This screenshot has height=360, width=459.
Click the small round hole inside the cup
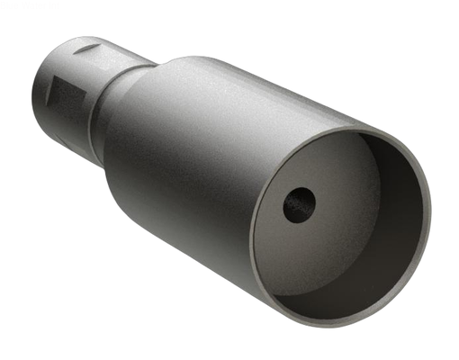tap(300, 205)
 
